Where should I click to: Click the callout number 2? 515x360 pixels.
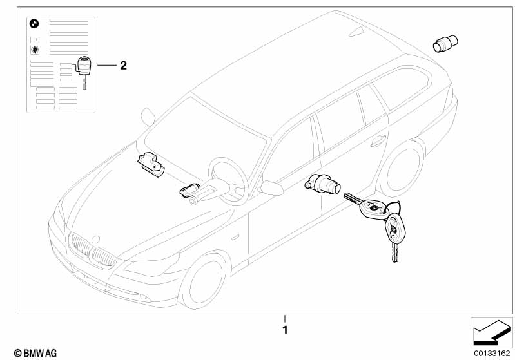pyautogui.click(x=124, y=65)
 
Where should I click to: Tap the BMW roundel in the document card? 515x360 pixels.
pyautogui.click(x=35, y=24)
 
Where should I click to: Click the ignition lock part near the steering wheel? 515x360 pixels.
pyautogui.click(x=192, y=192)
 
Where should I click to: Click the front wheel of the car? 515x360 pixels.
pyautogui.click(x=204, y=284)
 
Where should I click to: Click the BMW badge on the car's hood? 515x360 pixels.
pyautogui.click(x=97, y=238)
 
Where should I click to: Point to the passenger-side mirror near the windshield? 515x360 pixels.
pyautogui.click(x=148, y=117)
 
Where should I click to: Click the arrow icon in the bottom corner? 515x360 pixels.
pyautogui.click(x=489, y=332)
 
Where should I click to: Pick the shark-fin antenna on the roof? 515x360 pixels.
pyautogui.click(x=356, y=32)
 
